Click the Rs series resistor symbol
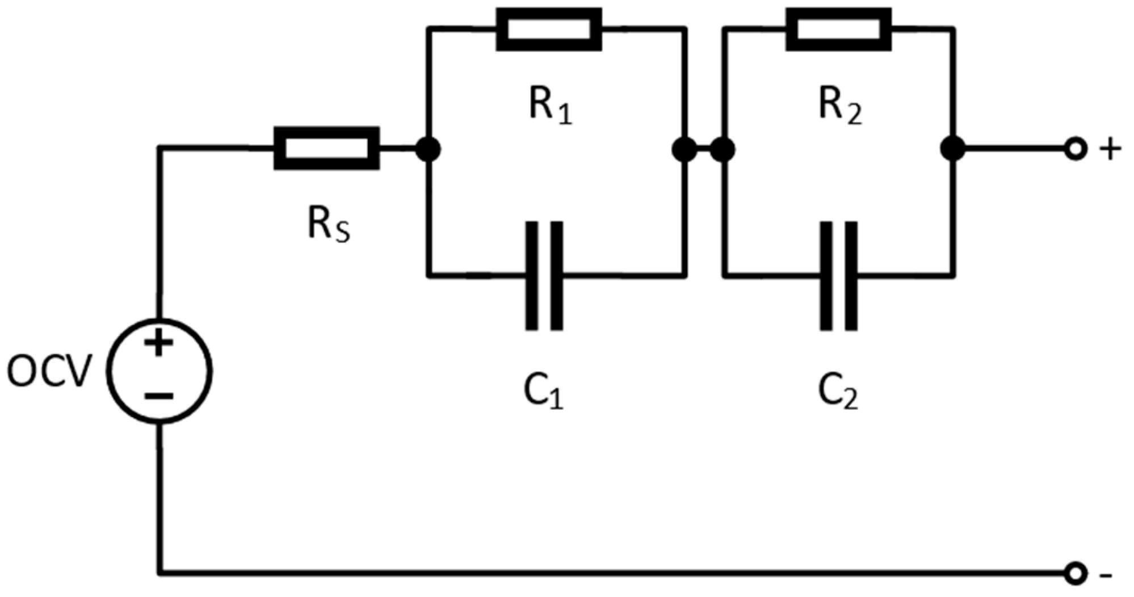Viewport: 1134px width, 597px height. (x=326, y=149)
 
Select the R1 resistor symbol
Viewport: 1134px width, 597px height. (x=548, y=29)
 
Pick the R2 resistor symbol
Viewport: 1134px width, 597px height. (x=838, y=29)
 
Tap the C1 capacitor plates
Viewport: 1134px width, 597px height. (x=544, y=276)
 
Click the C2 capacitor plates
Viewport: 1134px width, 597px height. (x=838, y=276)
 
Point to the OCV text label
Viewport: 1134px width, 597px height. (x=49, y=372)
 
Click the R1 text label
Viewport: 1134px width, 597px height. (x=549, y=106)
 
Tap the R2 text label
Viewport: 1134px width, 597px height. (x=839, y=106)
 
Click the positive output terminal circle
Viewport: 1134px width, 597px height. (x=1074, y=149)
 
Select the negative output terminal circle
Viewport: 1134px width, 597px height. (x=1074, y=574)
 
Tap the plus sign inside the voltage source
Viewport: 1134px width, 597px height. (x=158, y=343)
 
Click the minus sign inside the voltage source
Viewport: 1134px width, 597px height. (x=159, y=396)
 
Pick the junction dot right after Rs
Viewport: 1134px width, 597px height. (x=428, y=150)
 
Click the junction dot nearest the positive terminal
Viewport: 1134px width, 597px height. (x=952, y=149)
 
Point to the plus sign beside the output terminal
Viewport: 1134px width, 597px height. (x=1110, y=150)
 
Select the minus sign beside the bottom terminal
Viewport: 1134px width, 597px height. (x=1106, y=576)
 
